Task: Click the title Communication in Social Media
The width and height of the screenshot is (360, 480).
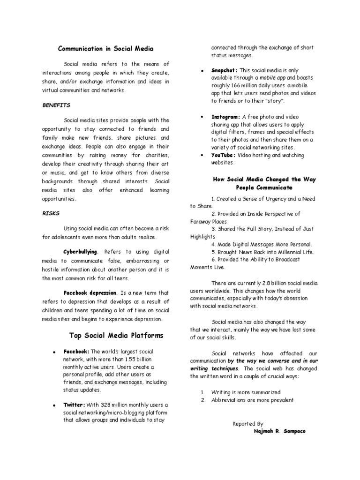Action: (x=105, y=48)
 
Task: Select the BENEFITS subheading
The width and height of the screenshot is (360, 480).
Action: (x=56, y=105)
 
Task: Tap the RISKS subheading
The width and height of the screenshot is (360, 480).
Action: (x=51, y=212)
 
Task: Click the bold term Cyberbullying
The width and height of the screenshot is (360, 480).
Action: (x=81, y=252)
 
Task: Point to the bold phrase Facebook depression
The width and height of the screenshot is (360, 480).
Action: (x=90, y=292)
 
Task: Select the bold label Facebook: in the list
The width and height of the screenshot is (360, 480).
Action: (x=76, y=351)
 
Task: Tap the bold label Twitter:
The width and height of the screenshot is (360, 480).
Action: (x=74, y=405)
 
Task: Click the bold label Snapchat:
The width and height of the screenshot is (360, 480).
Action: (x=224, y=70)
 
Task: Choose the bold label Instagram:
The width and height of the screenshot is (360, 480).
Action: (x=225, y=116)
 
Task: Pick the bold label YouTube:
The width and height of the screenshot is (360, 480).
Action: (x=223, y=155)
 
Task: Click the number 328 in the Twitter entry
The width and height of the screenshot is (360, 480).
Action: (x=105, y=405)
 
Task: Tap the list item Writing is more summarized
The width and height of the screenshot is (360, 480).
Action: (x=246, y=392)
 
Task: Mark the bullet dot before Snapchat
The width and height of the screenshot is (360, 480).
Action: (x=201, y=70)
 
